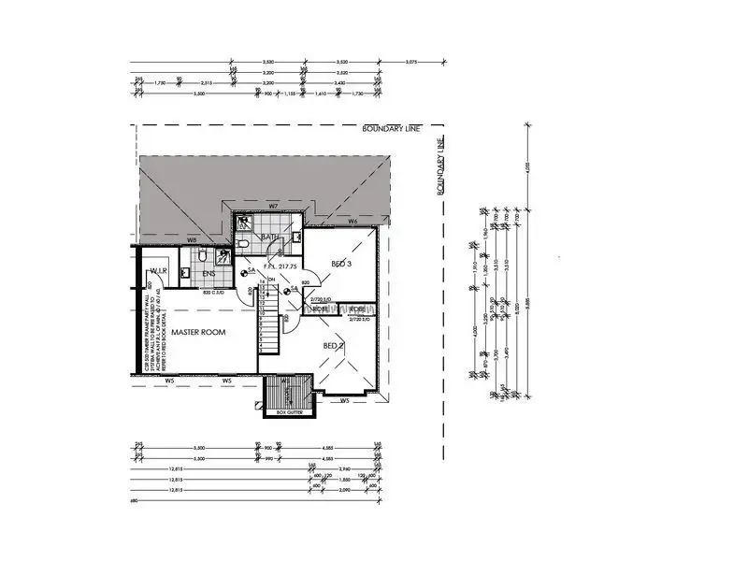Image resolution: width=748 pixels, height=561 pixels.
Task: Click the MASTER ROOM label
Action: coord(200,332)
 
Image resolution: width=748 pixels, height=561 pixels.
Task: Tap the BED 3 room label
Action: coord(342,265)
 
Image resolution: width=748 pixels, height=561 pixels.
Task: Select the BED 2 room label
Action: coord(334,346)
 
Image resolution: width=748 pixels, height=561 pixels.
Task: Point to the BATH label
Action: coord(270,237)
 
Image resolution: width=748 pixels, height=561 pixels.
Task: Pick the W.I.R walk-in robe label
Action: coord(157,271)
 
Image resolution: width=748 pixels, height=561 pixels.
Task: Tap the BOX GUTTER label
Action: coord(290,412)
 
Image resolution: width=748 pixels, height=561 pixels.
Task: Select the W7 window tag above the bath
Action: coord(274,205)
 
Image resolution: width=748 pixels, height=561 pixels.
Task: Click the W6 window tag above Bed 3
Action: coord(352,222)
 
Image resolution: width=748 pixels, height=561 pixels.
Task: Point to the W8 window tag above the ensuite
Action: coord(191,239)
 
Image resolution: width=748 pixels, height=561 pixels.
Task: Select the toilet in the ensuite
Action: coord(185,273)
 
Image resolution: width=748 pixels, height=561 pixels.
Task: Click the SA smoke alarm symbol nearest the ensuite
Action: coord(246,273)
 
